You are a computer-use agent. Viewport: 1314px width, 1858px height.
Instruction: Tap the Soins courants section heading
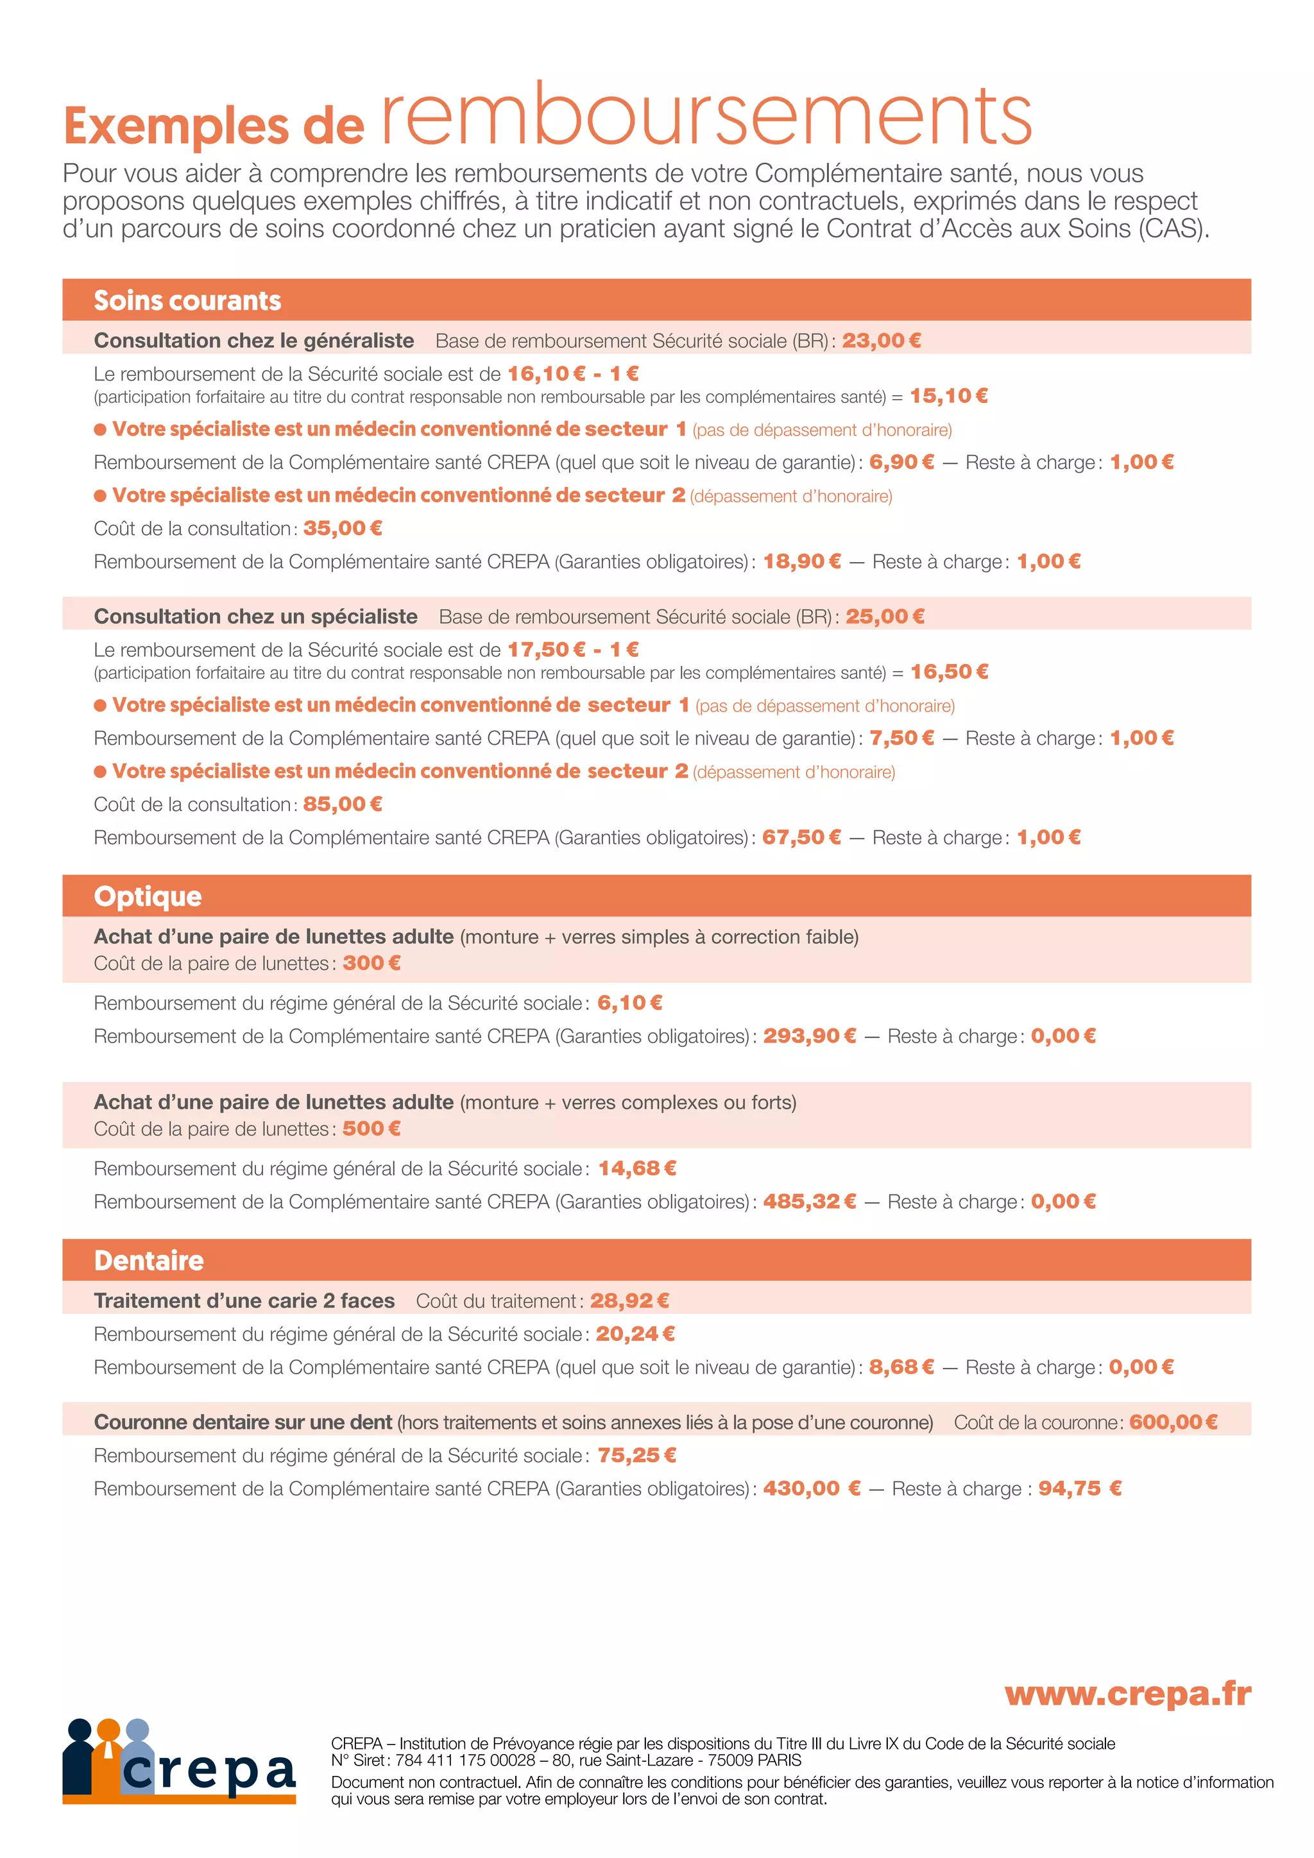[x=188, y=301]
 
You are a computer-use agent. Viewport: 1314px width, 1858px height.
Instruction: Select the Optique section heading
[x=148, y=897]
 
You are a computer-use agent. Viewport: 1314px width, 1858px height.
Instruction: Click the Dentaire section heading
[x=149, y=1261]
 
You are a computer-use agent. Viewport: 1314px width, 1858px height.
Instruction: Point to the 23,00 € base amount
[x=881, y=341]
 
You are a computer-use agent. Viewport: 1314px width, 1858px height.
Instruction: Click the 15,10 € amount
[x=948, y=396]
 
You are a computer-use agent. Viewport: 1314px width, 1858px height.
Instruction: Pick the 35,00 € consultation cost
[x=342, y=529]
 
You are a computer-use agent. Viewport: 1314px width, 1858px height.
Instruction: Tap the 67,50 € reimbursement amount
[x=801, y=837]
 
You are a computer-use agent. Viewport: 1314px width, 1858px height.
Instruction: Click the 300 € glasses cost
[x=371, y=963]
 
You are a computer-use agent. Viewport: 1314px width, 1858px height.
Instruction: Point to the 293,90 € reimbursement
[x=809, y=1037]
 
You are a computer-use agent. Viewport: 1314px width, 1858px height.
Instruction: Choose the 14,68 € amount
[x=636, y=1168]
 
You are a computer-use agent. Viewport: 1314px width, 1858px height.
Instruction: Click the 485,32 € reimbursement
[x=809, y=1202]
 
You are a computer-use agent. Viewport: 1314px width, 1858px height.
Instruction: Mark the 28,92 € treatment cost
[x=629, y=1301]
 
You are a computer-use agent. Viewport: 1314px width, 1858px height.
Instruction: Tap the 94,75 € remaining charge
[x=1079, y=1489]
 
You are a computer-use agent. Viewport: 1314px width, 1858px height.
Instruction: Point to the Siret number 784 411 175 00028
[x=465, y=1760]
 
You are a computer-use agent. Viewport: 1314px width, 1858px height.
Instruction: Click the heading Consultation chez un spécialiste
[x=256, y=617]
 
